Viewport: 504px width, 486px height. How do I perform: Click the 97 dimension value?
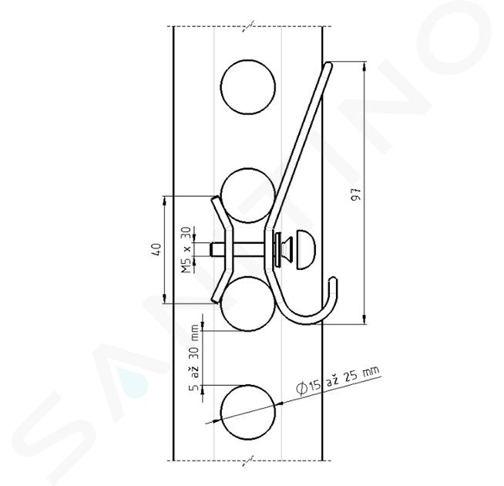tap(356, 194)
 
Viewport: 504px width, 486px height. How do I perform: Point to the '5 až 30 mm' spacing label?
tap(194, 357)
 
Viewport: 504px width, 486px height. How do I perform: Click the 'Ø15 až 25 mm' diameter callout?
tap(338, 380)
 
